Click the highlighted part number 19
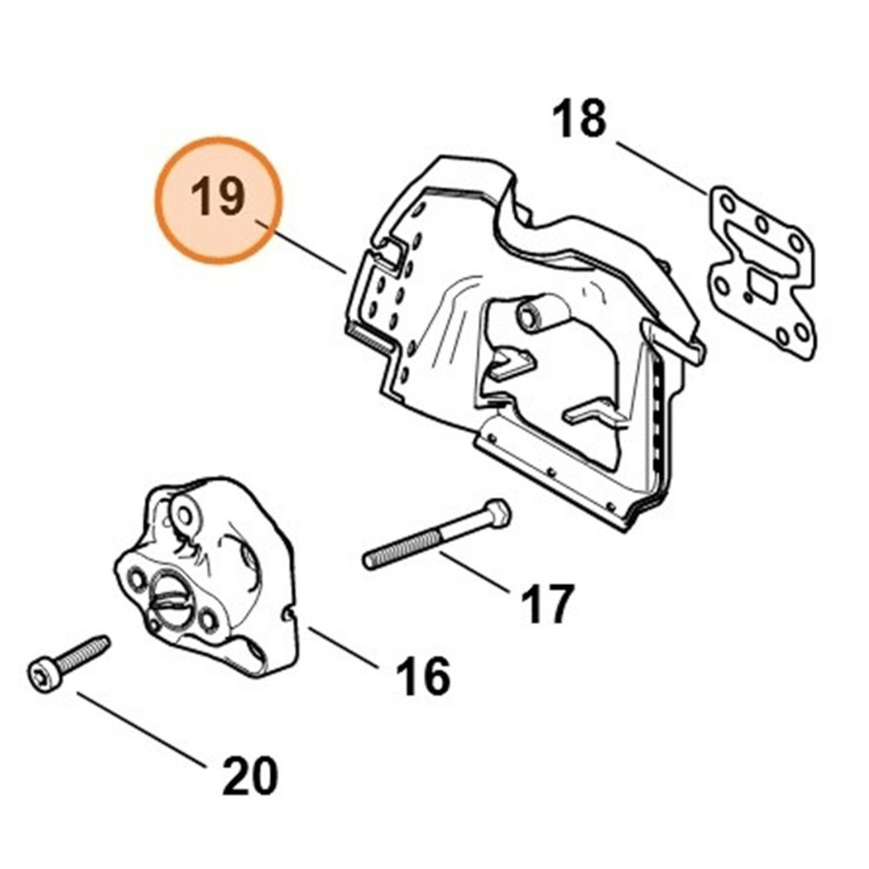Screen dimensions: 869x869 coord(217,197)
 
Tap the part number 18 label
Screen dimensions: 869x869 coord(579,118)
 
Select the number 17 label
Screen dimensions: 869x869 coord(547,604)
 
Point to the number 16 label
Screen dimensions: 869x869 coord(423,676)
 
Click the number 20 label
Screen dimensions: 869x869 coord(249,775)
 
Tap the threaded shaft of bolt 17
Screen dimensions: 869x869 coord(401,548)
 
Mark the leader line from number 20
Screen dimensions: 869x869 coord(142,730)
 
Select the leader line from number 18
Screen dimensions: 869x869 coord(662,168)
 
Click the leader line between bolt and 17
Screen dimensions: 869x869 coord(475,573)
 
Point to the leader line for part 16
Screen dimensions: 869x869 coord(344,648)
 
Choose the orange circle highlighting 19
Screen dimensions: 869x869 coord(218,200)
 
